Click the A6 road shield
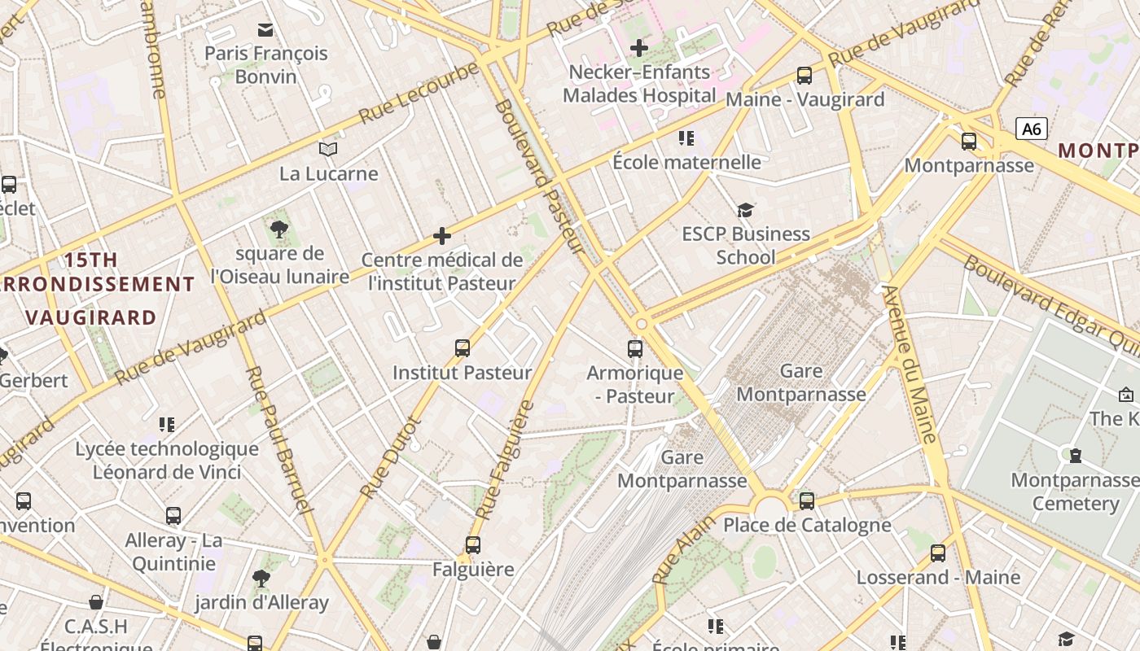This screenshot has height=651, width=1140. [1031, 129]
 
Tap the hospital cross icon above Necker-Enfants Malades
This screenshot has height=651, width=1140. [639, 48]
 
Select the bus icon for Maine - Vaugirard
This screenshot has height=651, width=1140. [805, 76]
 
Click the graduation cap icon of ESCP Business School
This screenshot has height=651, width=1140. [745, 211]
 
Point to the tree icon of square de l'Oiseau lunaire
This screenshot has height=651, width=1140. [279, 229]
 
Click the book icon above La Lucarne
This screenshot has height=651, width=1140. [328, 150]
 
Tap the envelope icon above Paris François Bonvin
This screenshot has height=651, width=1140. [265, 30]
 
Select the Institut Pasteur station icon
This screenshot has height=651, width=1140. [463, 348]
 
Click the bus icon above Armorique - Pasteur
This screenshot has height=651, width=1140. [635, 349]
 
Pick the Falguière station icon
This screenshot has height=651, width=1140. [473, 545]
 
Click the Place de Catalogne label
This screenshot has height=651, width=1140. [807, 525]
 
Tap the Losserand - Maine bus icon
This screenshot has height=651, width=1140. [938, 553]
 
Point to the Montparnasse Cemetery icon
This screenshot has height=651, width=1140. [1075, 456]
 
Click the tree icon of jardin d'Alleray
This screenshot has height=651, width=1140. [261, 579]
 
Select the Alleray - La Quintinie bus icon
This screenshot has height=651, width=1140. [173, 516]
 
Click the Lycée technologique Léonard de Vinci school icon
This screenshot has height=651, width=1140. [167, 424]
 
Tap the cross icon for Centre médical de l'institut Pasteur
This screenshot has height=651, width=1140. [442, 236]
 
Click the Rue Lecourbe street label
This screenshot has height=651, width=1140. [419, 91]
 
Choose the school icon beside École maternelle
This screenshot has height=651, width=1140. [686, 138]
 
